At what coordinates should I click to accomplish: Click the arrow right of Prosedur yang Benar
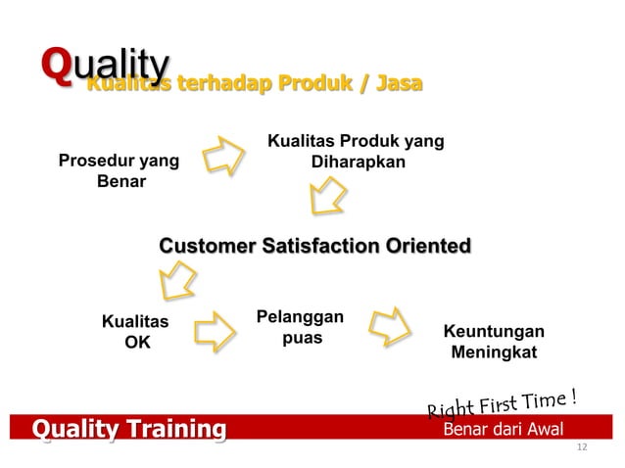[x=225, y=156]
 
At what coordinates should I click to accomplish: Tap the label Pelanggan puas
[x=300, y=328]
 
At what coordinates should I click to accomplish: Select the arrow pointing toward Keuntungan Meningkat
[x=398, y=328]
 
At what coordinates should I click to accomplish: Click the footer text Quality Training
[x=128, y=429]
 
